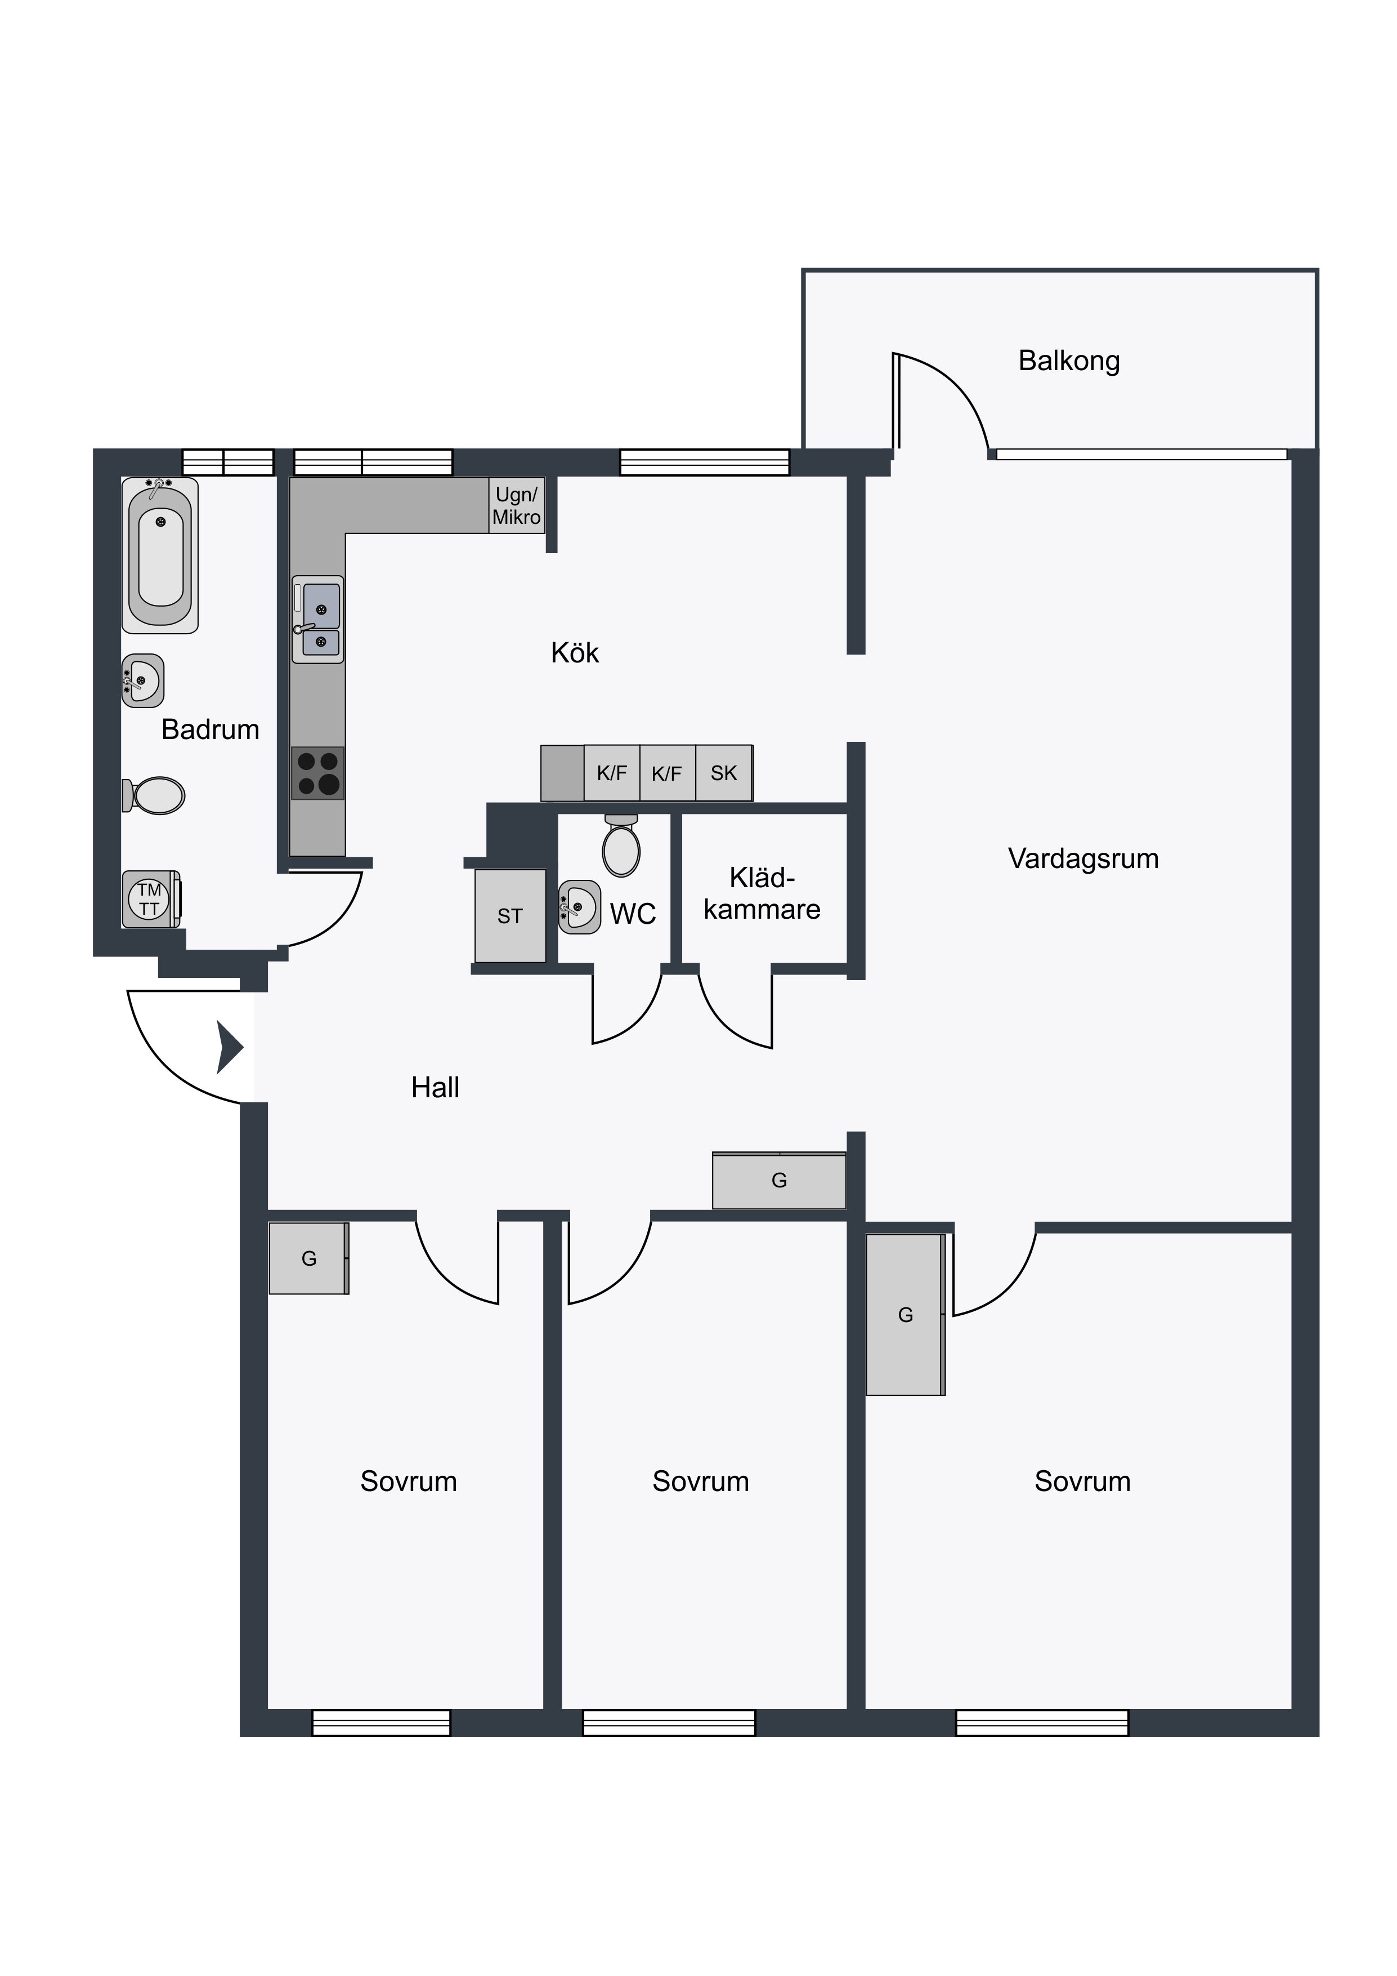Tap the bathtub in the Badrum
point(160,555)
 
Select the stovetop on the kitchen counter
point(317,773)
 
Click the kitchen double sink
point(317,619)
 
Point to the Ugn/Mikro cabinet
point(517,505)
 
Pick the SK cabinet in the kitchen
point(723,773)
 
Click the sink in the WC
point(579,906)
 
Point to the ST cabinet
point(510,916)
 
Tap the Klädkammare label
point(762,893)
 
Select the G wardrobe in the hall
point(780,1180)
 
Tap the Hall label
point(435,1088)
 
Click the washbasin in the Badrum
point(143,681)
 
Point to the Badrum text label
point(211,730)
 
